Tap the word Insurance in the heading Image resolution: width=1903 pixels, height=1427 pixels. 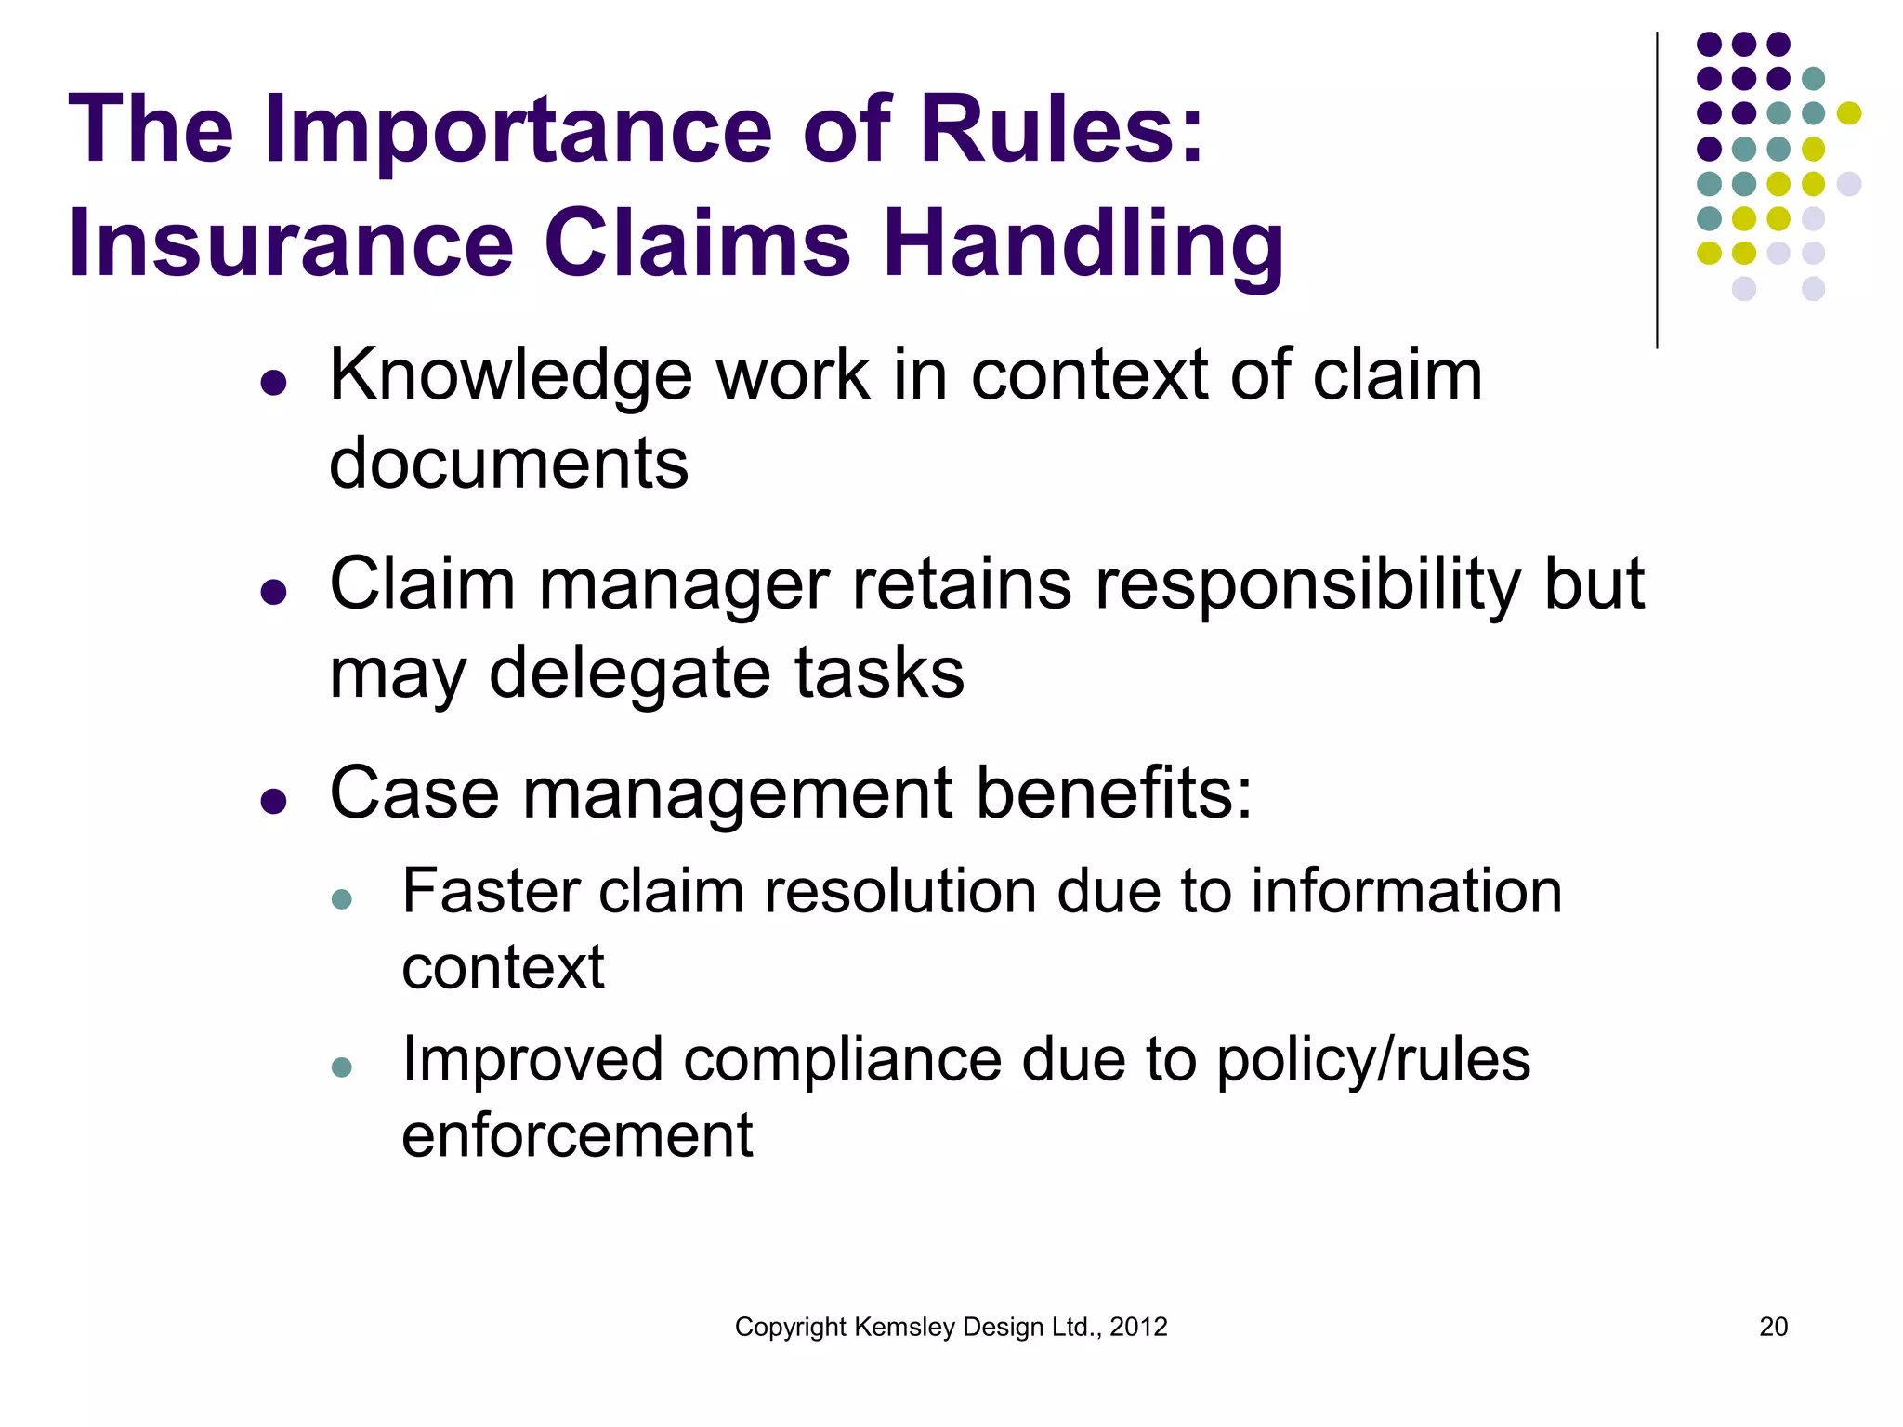291,243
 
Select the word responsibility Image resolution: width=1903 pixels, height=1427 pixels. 1307,585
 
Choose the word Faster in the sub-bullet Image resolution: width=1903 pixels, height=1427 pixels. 492,892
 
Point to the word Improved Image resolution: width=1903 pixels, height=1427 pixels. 532,1060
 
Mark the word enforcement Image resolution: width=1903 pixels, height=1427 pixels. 577,1135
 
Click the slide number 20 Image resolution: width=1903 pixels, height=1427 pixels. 1773,1327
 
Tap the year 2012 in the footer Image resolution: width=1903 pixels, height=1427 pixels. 1138,1327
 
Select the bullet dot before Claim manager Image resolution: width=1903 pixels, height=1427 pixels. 273,592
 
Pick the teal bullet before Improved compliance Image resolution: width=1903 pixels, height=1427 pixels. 341,1067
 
